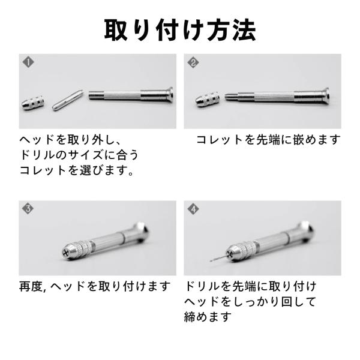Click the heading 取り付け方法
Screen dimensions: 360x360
(x=180, y=30)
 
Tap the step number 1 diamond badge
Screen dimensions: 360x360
(x=28, y=62)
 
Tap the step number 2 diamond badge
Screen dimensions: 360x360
(x=193, y=62)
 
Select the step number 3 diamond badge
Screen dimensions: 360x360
(x=28, y=209)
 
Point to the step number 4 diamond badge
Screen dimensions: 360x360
(x=193, y=209)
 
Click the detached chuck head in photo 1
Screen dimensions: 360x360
(x=33, y=103)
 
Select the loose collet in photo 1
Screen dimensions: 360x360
(x=67, y=100)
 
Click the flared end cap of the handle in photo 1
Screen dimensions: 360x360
(x=169, y=95)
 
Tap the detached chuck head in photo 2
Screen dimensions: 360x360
(x=208, y=100)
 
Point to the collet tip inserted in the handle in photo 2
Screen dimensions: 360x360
(x=231, y=96)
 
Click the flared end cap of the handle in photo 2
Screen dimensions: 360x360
(x=326, y=95)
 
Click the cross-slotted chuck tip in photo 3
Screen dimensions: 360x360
(x=67, y=252)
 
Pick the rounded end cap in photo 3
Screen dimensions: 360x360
(x=142, y=232)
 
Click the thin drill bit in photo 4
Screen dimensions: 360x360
(x=218, y=258)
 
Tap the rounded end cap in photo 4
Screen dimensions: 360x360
(x=307, y=231)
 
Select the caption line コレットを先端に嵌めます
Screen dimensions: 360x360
(x=268, y=140)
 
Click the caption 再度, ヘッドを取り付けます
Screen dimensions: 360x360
(x=95, y=286)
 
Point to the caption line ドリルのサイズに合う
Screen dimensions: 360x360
(x=79, y=155)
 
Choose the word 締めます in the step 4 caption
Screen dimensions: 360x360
(x=208, y=317)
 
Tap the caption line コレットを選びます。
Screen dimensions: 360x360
(x=77, y=170)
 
